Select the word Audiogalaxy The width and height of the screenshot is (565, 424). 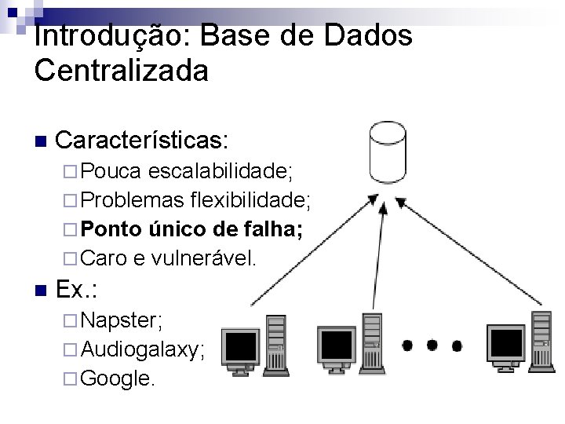point(143,349)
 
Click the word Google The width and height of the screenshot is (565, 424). point(118,378)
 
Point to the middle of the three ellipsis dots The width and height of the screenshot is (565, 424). point(432,344)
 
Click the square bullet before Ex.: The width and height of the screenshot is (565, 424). point(41,291)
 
